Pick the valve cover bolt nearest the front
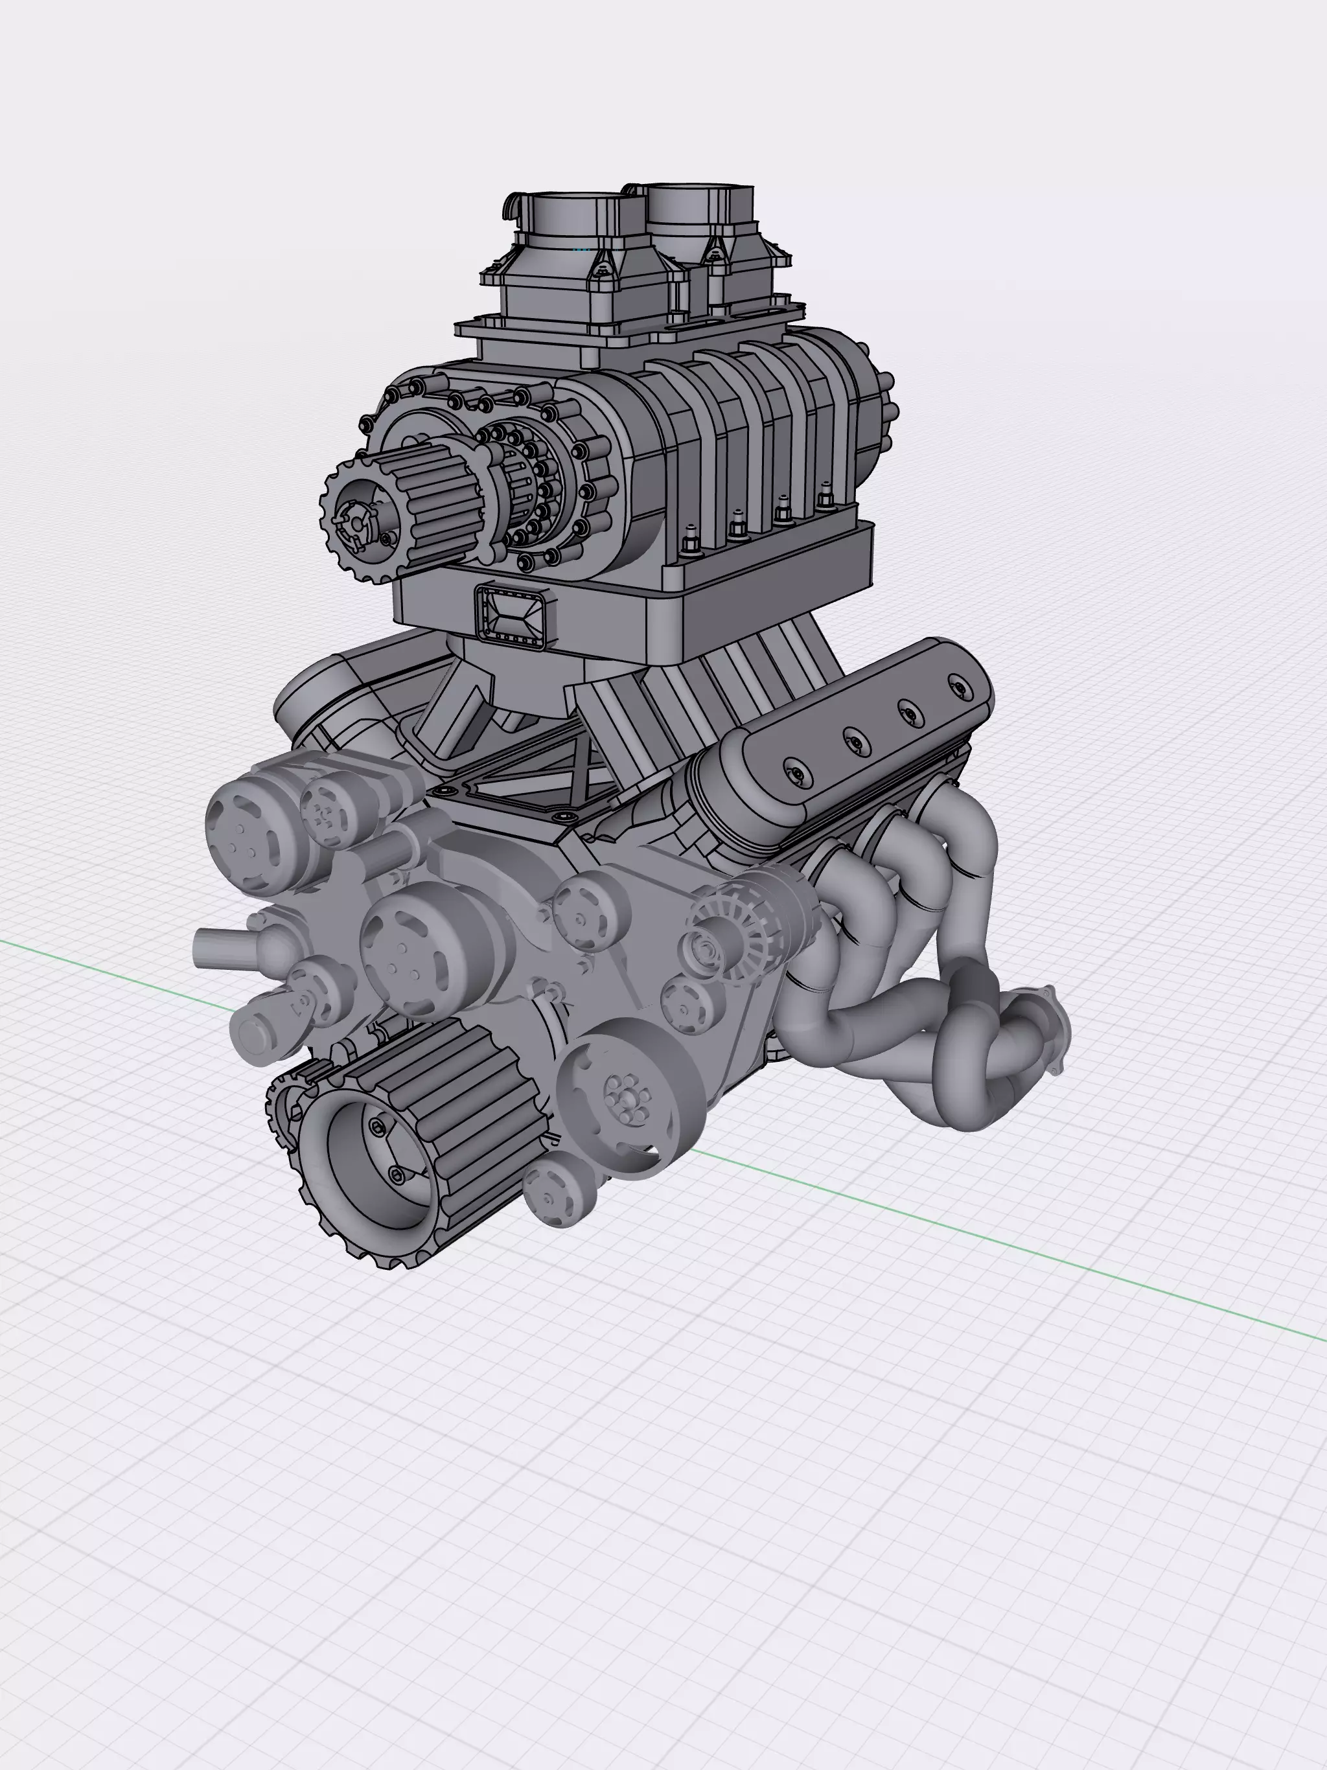click(x=796, y=772)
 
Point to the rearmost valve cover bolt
click(x=957, y=685)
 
